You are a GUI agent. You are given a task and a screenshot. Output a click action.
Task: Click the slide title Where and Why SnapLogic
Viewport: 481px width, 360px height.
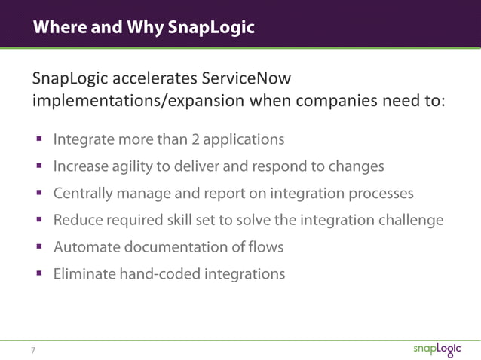(x=142, y=28)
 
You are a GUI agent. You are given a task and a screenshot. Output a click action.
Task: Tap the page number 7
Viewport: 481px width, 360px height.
(x=33, y=349)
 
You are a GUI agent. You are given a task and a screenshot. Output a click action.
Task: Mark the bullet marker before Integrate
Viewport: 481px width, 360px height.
(x=37, y=140)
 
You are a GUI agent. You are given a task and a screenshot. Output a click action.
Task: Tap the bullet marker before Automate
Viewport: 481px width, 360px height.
(x=37, y=247)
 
